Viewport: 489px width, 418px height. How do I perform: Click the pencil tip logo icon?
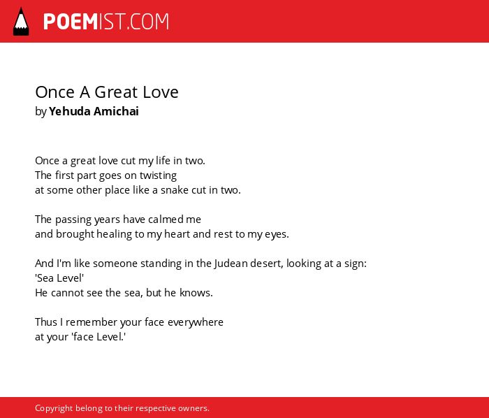21,22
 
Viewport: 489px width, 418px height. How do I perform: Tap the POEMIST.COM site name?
106,22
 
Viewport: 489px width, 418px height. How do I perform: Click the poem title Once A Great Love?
107,92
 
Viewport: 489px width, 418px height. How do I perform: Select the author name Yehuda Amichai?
94,111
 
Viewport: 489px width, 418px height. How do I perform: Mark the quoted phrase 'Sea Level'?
59,278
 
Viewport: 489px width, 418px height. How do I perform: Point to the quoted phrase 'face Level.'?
99,337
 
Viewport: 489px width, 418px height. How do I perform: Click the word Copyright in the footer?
54,408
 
